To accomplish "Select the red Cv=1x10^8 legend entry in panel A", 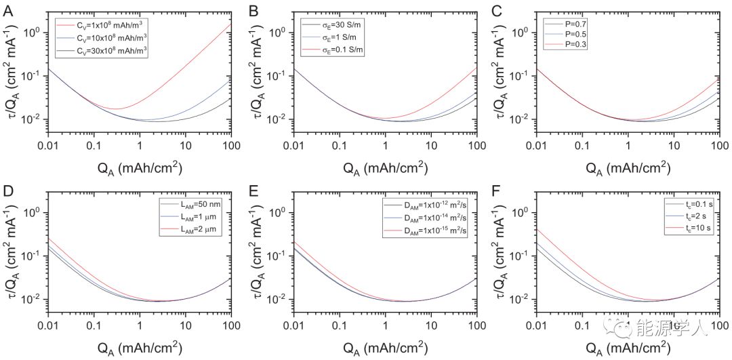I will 102,24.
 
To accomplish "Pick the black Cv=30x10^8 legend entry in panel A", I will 102,50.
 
